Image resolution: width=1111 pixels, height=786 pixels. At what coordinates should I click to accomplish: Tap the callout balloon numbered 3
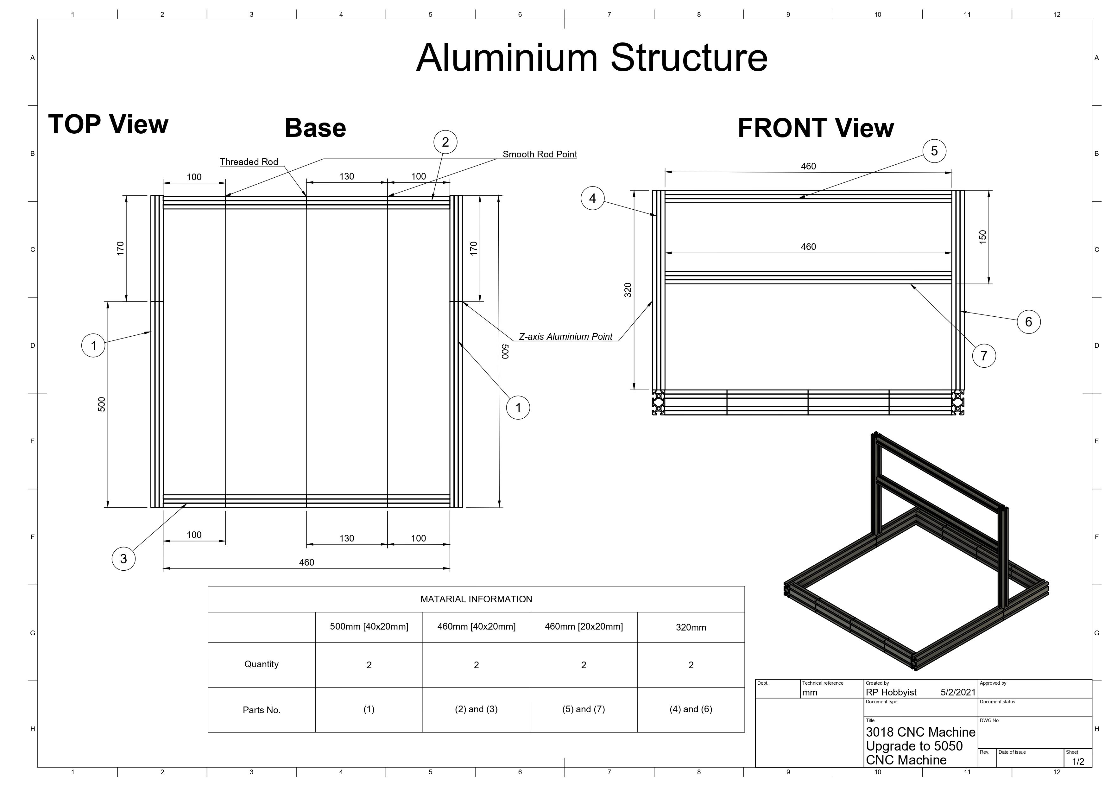pos(123,559)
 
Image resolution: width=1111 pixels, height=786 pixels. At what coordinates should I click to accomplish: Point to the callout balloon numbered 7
pos(984,356)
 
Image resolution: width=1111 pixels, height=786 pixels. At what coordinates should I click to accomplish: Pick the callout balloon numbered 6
pos(1029,322)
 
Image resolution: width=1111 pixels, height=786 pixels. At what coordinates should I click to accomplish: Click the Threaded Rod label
pos(249,162)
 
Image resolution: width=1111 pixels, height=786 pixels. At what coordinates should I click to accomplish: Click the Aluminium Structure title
pos(592,58)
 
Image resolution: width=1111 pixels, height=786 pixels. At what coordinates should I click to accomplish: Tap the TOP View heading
pos(108,124)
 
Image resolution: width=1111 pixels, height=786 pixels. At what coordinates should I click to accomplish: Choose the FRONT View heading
pos(816,128)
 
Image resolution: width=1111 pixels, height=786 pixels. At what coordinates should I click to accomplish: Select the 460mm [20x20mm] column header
pos(584,626)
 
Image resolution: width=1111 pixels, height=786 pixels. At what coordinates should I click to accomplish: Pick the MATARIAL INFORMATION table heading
pos(476,599)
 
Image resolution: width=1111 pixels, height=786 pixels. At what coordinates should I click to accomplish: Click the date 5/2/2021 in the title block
pos(958,692)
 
